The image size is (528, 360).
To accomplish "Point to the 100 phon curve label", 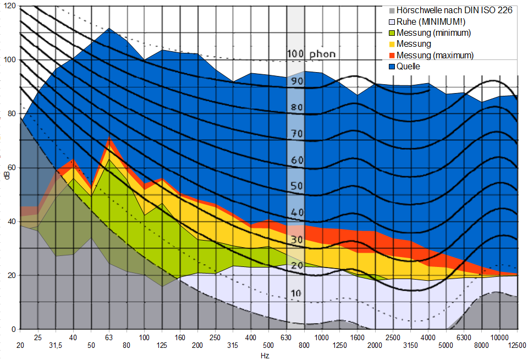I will [310, 54].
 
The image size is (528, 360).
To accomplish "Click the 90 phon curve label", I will [297, 80].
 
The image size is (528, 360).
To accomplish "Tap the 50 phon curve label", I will [297, 186].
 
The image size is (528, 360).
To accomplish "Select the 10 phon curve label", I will [296, 293].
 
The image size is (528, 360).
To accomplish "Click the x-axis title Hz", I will [265, 356].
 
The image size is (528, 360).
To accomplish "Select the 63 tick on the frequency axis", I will [108, 337].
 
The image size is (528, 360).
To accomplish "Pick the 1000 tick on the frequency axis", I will [322, 337].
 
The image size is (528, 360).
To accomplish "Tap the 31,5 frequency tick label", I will [55, 345].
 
